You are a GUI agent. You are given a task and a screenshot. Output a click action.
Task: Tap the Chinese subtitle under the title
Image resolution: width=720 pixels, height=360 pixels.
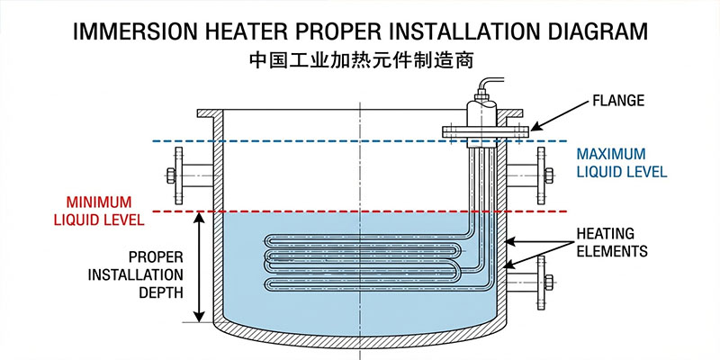(x=360, y=64)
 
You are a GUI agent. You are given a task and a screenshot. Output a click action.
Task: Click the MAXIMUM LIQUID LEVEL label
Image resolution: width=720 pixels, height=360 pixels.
(x=622, y=162)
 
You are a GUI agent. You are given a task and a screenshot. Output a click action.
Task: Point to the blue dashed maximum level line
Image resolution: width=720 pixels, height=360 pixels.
(x=315, y=141)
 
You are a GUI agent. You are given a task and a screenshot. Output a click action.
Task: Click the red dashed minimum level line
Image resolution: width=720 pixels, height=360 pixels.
(x=315, y=211)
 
